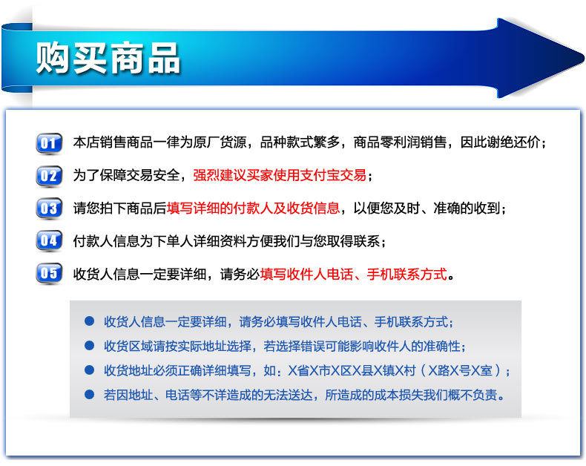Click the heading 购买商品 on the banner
[x=108, y=58]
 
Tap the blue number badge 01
[x=49, y=142]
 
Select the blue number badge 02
[x=49, y=175]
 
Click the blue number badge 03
[x=49, y=208]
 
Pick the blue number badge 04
[x=49, y=240]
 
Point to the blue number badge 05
[x=49, y=273]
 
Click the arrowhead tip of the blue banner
[x=583, y=59]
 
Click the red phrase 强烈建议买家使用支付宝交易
[x=280, y=175]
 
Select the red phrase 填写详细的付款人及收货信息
[x=254, y=208]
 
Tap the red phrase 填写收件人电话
[x=306, y=274]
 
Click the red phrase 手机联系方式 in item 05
[x=407, y=274]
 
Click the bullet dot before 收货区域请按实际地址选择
[x=89, y=345]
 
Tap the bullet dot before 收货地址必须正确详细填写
[x=89, y=370]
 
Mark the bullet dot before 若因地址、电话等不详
[x=89, y=394]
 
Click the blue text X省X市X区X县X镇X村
[x=352, y=370]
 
